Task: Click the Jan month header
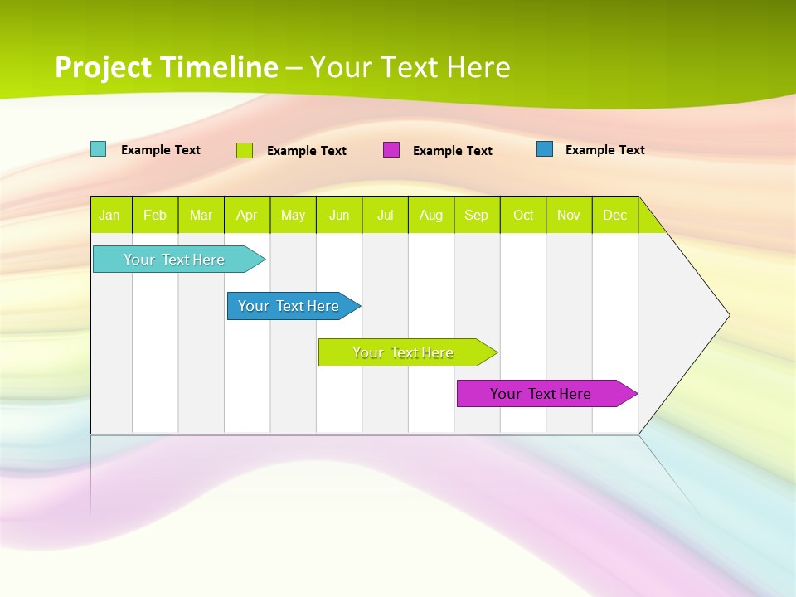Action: pos(109,215)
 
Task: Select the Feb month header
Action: pos(155,215)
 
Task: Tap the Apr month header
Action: pos(246,215)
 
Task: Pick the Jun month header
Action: pos(339,215)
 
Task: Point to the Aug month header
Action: pos(431,215)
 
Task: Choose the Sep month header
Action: pos(477,215)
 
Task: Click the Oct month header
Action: pos(523,215)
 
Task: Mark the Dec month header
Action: pos(614,215)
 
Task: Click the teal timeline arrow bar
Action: pos(175,260)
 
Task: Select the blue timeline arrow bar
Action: pos(289,306)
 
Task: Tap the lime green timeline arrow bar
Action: pos(404,352)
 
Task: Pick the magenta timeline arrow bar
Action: pos(541,394)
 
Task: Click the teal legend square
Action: pos(99,149)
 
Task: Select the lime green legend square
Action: pos(245,150)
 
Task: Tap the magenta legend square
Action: pos(391,150)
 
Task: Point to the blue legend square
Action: pos(545,149)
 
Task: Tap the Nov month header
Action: pos(569,215)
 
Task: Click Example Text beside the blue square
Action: pos(604,150)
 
